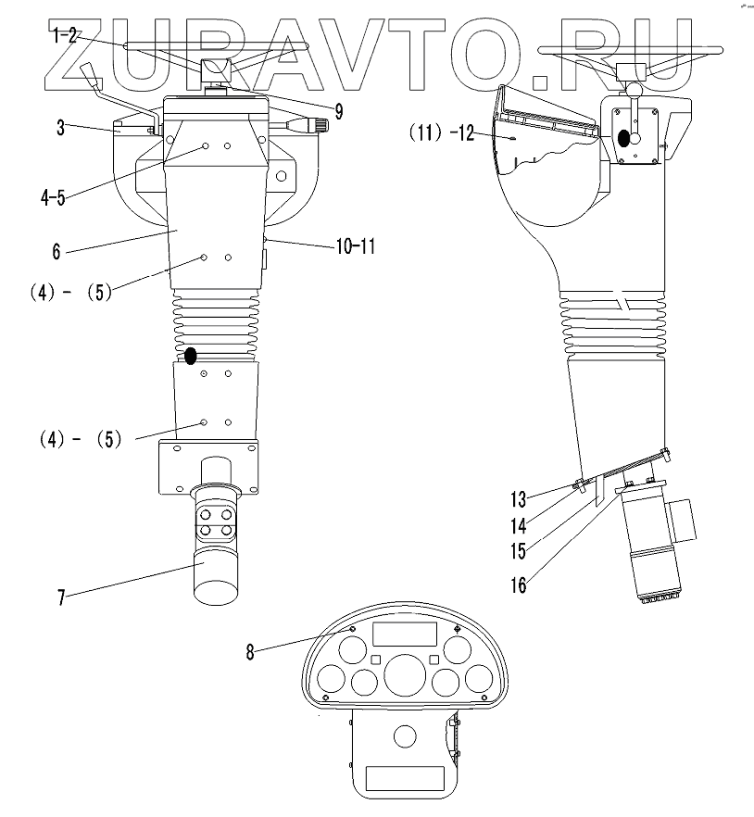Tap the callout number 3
60,128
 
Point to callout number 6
58,250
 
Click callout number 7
61,597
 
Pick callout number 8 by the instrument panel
249,651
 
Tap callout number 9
338,112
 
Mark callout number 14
519,525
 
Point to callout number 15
519,551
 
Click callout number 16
519,585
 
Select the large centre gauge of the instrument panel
403,675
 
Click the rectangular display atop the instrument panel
404,635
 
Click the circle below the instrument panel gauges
404,737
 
